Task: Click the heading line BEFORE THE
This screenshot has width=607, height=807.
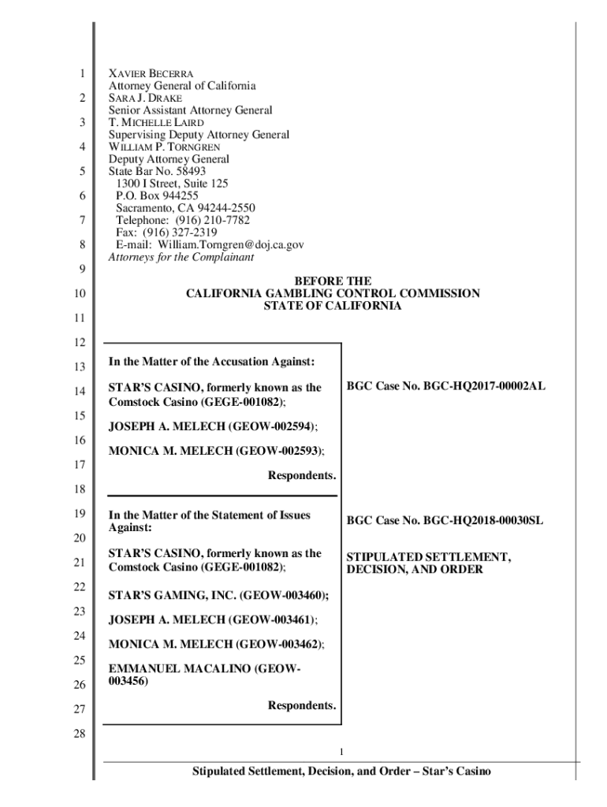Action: pos(332,281)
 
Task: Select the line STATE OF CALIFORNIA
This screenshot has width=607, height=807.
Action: pos(332,306)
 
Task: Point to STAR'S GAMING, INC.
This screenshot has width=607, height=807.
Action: pos(170,595)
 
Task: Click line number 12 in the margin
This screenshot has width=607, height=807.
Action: pos(81,342)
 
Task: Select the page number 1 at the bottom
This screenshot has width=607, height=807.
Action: pos(340,751)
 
